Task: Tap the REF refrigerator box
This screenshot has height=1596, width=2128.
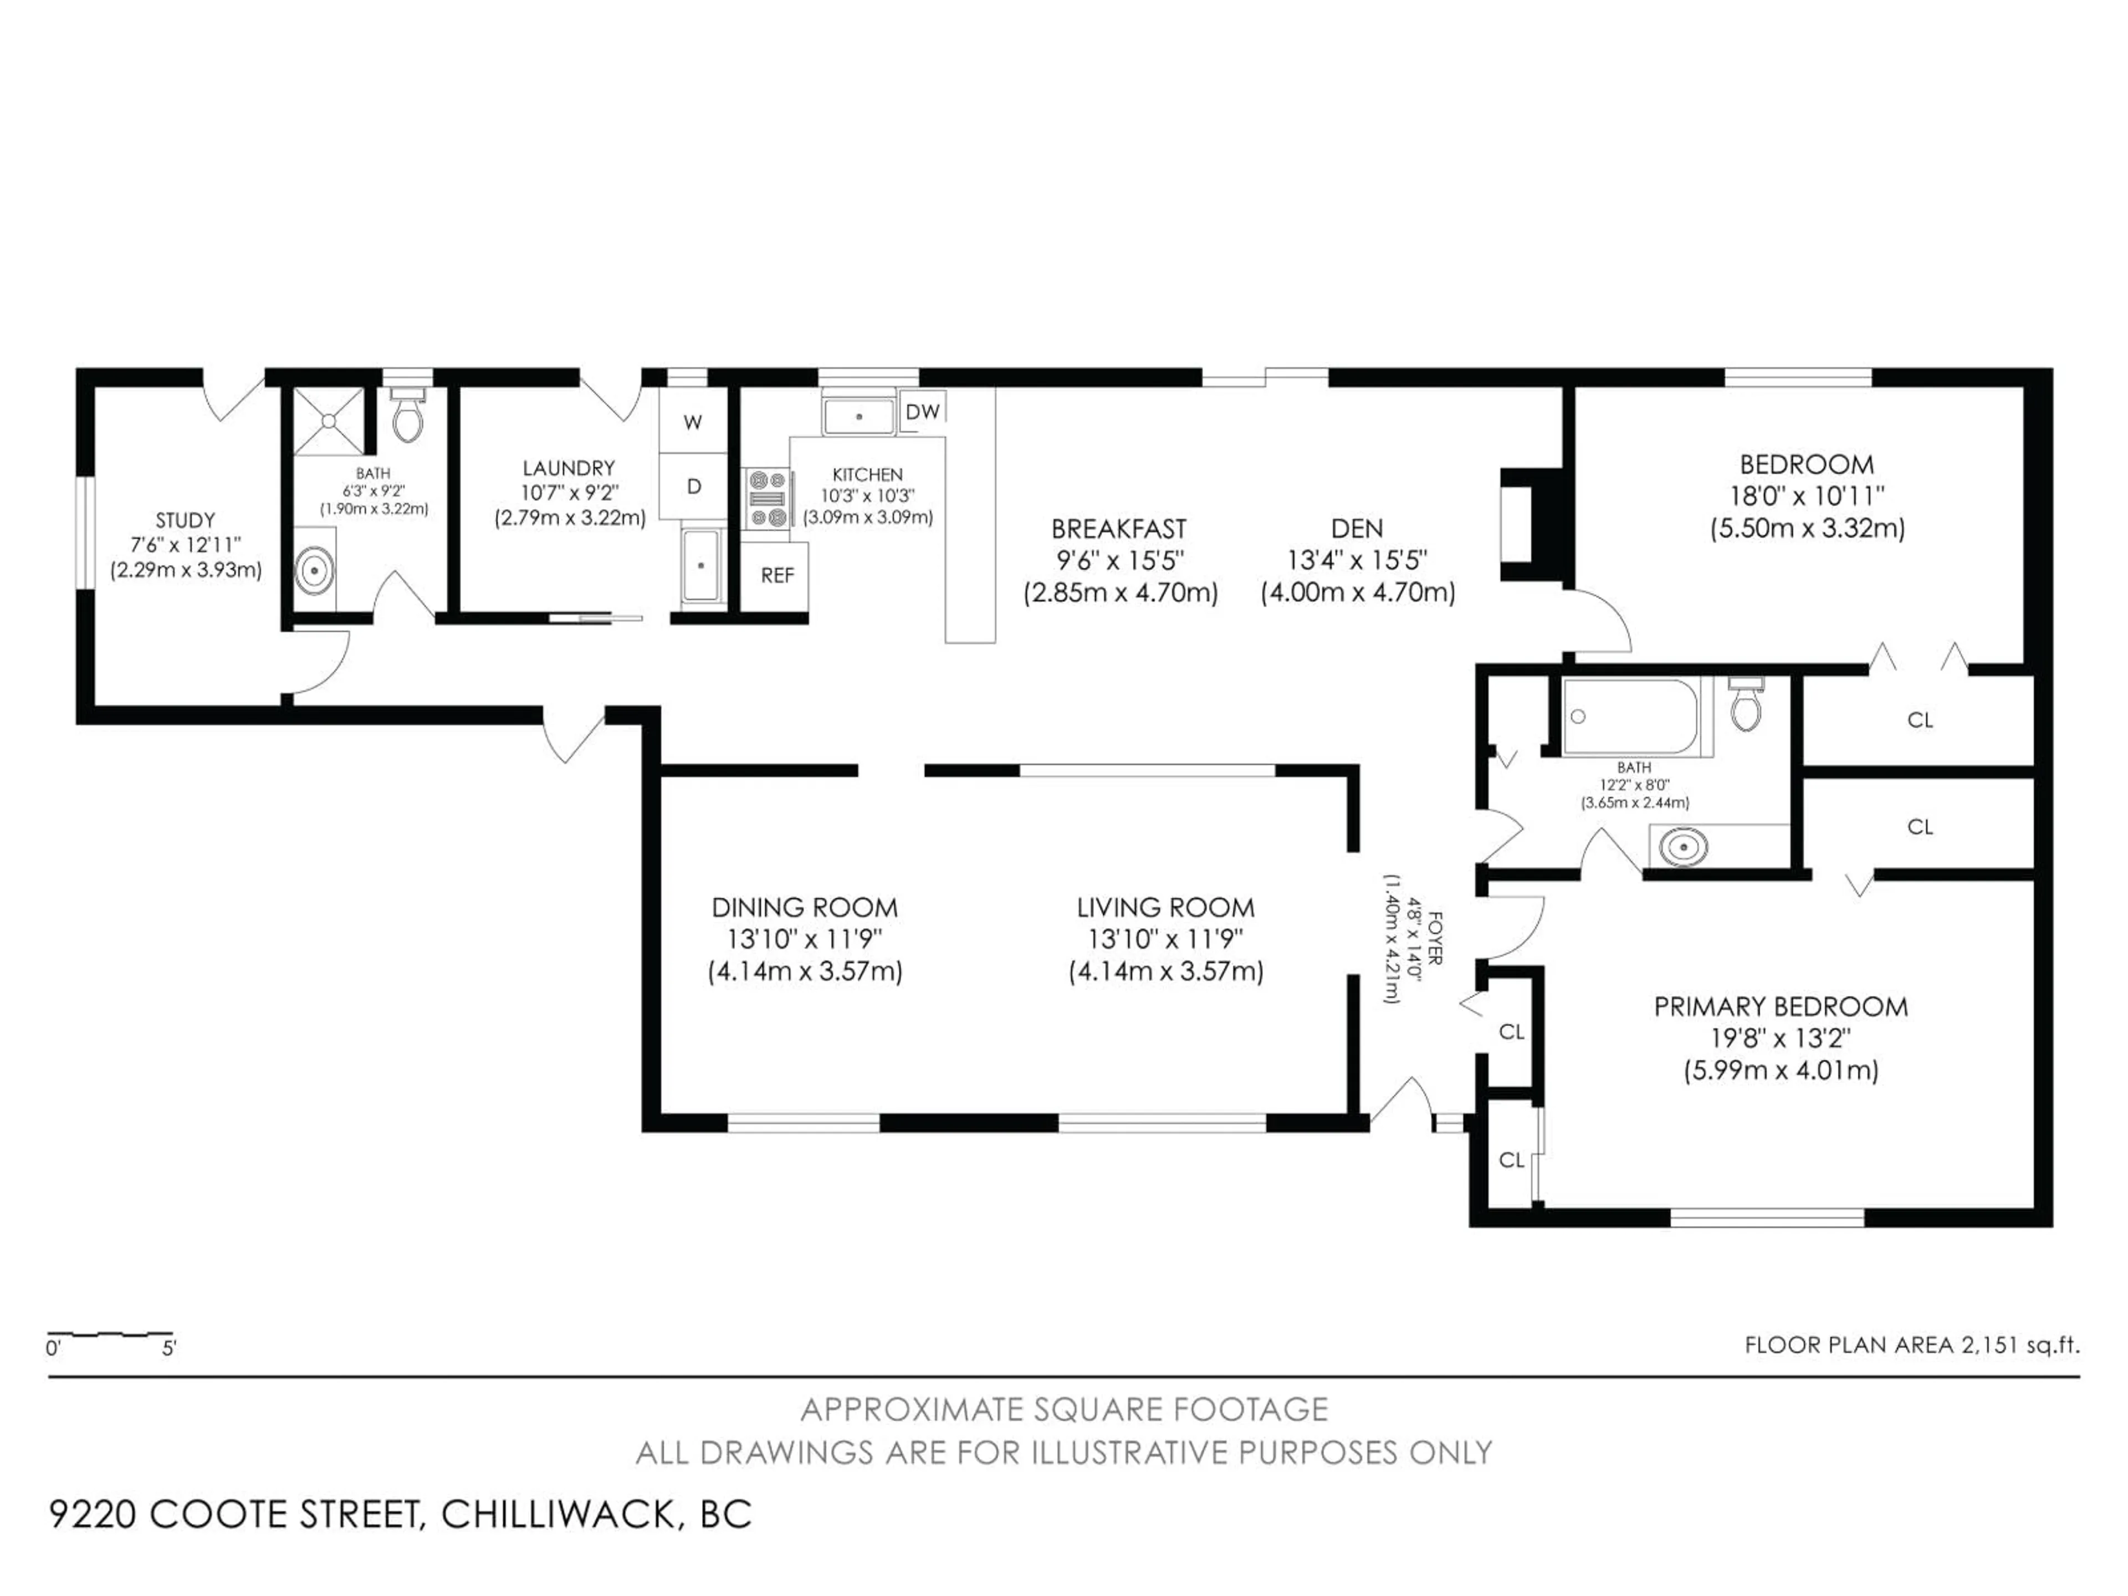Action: [x=776, y=575]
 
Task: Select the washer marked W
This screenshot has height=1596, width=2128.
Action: [x=693, y=421]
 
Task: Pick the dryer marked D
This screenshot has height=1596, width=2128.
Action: [x=693, y=487]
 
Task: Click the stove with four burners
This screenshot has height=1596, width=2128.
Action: [x=768, y=498]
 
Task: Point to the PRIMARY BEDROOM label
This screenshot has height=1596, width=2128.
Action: [x=1781, y=1007]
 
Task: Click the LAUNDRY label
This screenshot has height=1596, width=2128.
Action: [x=569, y=468]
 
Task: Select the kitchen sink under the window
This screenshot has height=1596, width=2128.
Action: [x=858, y=416]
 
